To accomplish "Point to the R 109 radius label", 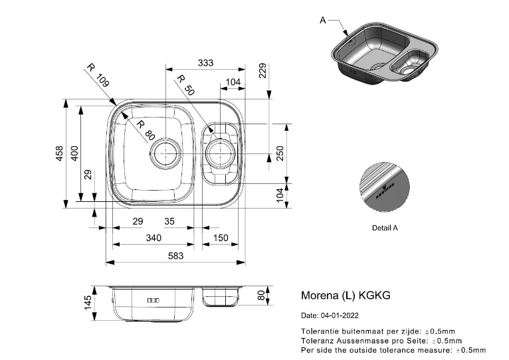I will point(98,78).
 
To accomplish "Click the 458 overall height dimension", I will point(59,153).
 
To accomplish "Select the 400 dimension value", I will point(75,153).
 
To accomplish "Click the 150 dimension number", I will point(220,238).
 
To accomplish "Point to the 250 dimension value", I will point(280,153).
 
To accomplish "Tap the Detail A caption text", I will point(385,227).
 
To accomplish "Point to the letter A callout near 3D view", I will point(323,21).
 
